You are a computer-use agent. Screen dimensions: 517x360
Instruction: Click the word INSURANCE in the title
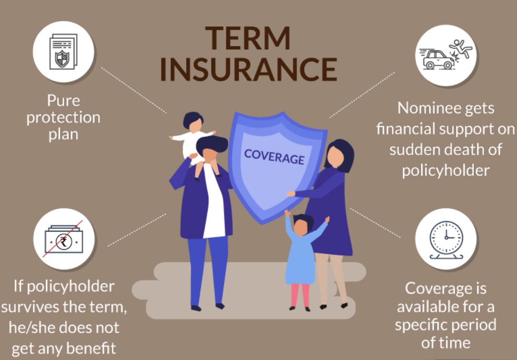248,69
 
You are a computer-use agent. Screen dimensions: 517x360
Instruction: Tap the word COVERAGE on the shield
274,156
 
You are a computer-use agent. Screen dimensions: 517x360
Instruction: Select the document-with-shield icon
63,51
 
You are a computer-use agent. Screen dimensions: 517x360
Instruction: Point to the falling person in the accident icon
461,48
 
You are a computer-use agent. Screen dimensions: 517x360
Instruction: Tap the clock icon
446,240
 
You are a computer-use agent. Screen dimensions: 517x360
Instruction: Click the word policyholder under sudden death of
446,170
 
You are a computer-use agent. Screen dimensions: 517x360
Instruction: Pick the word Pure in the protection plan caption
63,101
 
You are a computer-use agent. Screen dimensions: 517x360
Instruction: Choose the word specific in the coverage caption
422,326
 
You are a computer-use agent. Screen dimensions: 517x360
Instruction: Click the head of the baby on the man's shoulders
193,122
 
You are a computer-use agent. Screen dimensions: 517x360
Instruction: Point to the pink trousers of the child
300,295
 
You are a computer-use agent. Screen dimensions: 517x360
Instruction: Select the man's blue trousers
208,270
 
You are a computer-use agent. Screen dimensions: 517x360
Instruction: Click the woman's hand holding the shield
291,194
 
